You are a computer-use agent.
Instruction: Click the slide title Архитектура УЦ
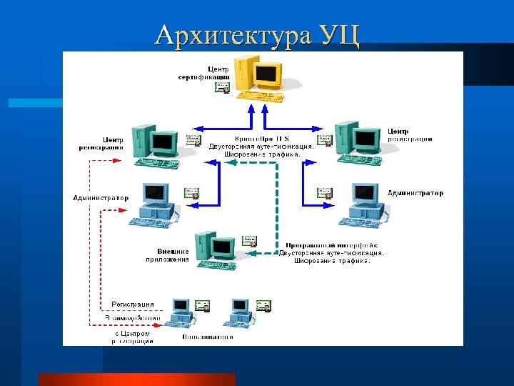[257, 34]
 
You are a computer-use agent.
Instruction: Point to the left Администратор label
[101, 197]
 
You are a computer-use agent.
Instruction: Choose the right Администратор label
[415, 193]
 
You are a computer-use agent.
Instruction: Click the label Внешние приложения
[173, 256]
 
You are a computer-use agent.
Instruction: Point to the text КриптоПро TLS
[261, 138]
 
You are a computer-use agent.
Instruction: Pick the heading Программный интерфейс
[331, 245]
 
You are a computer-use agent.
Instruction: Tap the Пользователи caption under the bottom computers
[208, 337]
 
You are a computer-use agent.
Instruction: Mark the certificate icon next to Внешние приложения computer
[249, 241]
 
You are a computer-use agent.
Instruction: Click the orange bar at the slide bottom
[136, 379]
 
